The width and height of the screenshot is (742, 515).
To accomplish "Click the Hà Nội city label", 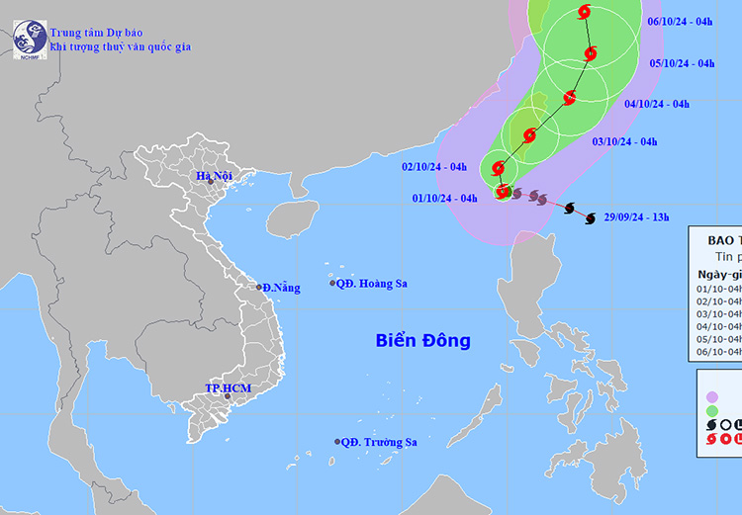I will tap(213, 177).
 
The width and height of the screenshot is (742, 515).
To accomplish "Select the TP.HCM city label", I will tap(228, 388).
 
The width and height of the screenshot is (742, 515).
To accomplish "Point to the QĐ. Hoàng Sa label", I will tap(371, 284).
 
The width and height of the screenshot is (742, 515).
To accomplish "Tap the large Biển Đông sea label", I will tap(422, 341).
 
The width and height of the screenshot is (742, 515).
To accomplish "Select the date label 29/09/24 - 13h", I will tap(637, 217).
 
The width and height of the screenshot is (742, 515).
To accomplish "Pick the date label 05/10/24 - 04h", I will tap(681, 63).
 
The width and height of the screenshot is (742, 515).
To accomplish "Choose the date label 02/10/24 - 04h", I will tap(434, 166).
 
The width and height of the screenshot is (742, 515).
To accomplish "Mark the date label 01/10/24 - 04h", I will tap(445, 198).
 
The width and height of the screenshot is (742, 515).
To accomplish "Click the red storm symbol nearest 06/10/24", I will tap(583, 12).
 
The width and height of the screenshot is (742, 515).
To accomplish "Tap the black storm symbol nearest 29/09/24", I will tap(589, 218).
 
